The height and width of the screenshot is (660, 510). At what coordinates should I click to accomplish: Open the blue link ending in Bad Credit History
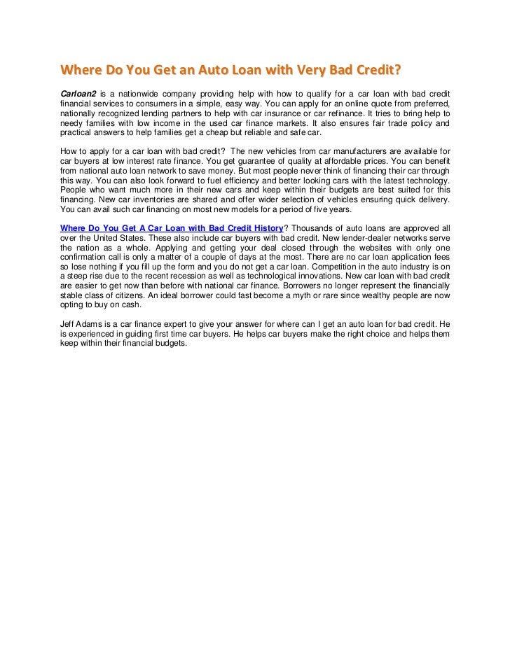click(172, 228)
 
